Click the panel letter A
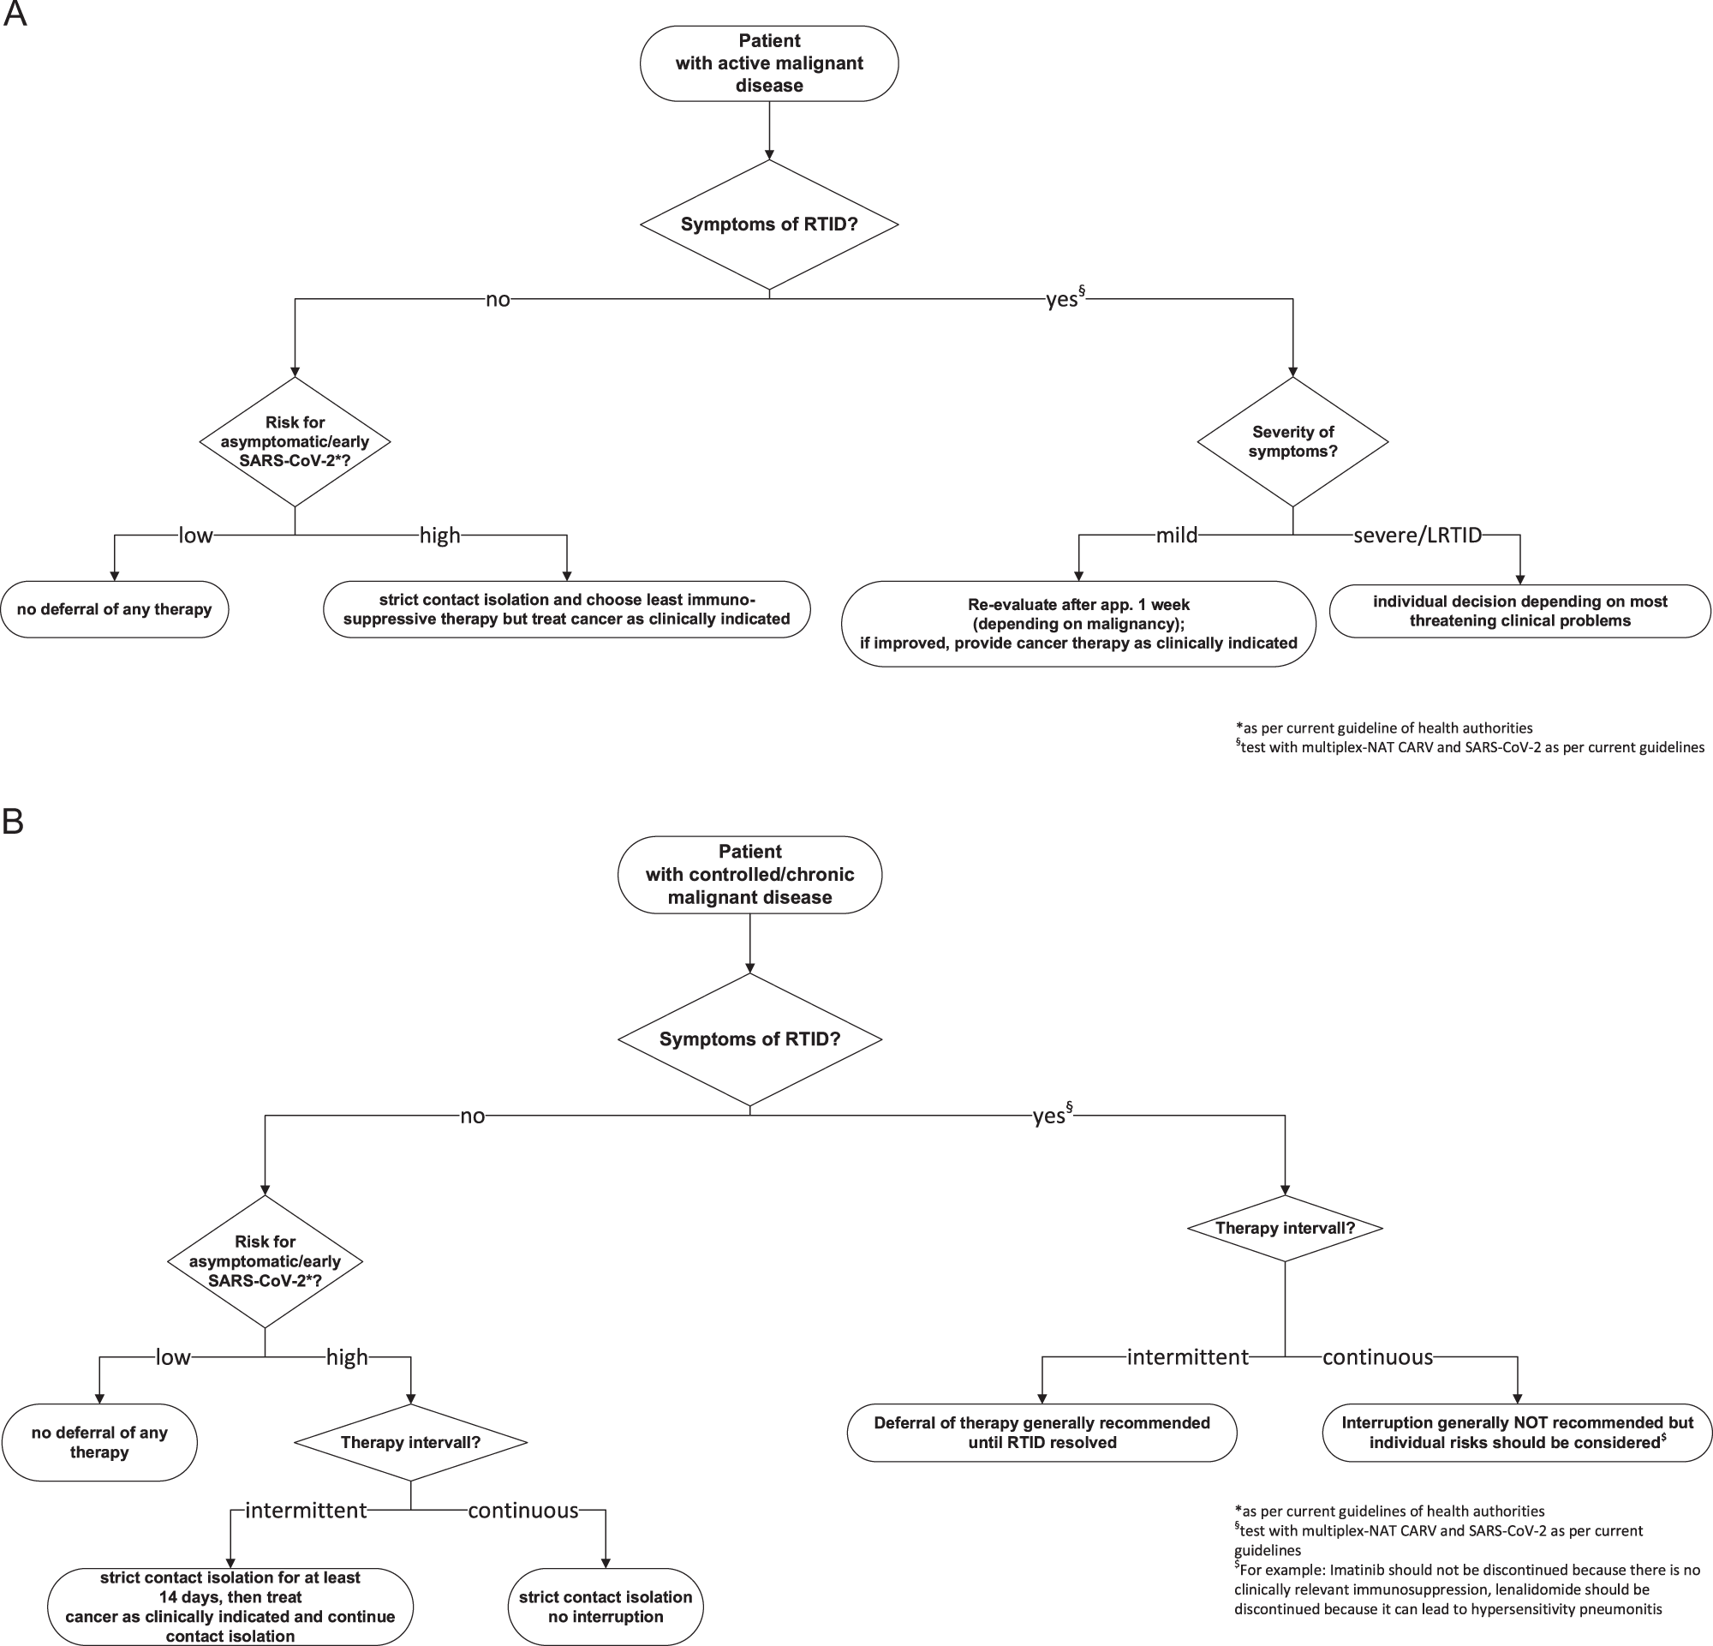[x=14, y=15]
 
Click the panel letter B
[x=13, y=822]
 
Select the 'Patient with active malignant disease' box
[x=769, y=63]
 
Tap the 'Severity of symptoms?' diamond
[x=1292, y=441]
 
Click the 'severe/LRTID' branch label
[x=1417, y=535]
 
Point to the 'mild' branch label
[x=1176, y=535]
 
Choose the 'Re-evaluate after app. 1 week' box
[x=1077, y=623]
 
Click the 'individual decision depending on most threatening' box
[x=1519, y=611]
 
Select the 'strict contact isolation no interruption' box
[x=605, y=1606]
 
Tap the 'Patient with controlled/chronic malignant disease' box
[x=750, y=874]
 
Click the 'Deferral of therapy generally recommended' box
[x=1042, y=1432]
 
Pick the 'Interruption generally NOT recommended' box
[x=1517, y=1432]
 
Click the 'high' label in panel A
[x=439, y=535]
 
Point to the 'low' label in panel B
[x=173, y=1356]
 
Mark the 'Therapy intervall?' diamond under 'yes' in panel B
[x=1285, y=1228]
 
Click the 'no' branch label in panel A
[x=498, y=300]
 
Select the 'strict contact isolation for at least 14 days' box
[x=230, y=1606]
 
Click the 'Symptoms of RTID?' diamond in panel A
[x=769, y=224]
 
